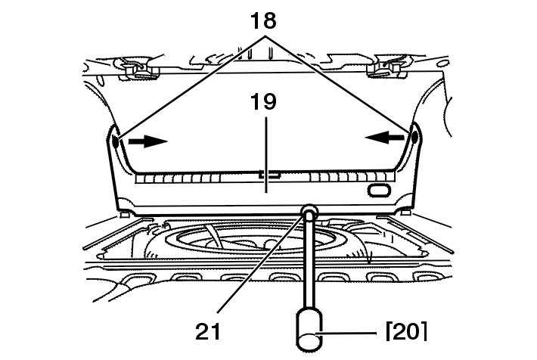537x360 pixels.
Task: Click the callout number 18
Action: (263, 20)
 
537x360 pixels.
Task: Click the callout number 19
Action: (263, 102)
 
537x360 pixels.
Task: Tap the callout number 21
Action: (208, 331)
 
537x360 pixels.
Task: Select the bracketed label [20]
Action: (406, 331)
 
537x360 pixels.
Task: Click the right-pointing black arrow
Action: (148, 141)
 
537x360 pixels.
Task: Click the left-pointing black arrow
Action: (385, 138)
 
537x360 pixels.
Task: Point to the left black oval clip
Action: (116, 141)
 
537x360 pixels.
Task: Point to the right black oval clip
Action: (414, 137)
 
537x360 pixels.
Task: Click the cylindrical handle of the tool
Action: (309, 330)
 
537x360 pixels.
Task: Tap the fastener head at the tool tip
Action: (309, 211)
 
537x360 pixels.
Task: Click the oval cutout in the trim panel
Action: (379, 191)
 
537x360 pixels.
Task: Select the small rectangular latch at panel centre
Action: (269, 175)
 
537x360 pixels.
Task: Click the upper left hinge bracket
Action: (139, 68)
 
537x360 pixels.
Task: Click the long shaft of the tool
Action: (309, 260)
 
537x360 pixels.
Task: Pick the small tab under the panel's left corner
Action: (124, 215)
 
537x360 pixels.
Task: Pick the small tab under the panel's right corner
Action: (405, 213)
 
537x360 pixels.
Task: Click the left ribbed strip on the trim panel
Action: (178, 178)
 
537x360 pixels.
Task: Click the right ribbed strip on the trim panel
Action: (352, 177)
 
